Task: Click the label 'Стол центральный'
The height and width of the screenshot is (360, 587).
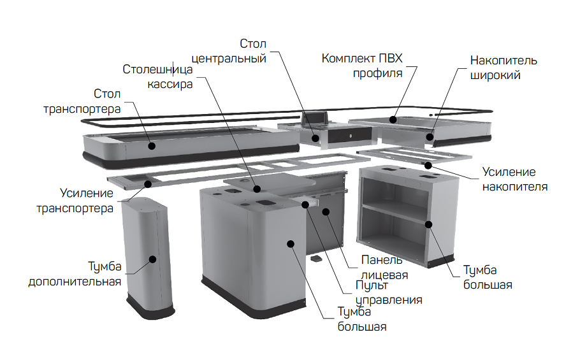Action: pyautogui.click(x=229, y=51)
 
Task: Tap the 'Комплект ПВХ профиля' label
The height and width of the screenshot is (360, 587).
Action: pyautogui.click(x=362, y=66)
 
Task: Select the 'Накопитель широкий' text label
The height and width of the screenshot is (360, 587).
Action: pyautogui.click(x=504, y=68)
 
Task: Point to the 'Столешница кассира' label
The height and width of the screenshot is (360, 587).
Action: pyautogui.click(x=157, y=76)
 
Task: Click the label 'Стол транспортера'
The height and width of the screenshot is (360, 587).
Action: pyautogui.click(x=82, y=101)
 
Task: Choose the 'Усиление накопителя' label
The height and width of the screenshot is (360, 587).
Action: pyautogui.click(x=515, y=179)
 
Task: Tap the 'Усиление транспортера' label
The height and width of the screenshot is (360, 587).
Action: pyautogui.click(x=75, y=200)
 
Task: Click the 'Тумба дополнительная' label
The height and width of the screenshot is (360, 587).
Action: pyautogui.click(x=75, y=274)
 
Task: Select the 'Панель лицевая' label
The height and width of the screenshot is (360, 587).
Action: pyautogui.click(x=384, y=267)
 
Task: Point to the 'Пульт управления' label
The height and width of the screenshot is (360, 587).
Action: pyautogui.click(x=389, y=292)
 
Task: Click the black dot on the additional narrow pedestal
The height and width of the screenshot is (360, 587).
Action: pyautogui.click(x=152, y=259)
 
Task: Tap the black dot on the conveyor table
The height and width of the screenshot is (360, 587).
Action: pyautogui.click(x=152, y=146)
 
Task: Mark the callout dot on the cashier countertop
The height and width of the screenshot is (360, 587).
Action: pyautogui.click(x=257, y=189)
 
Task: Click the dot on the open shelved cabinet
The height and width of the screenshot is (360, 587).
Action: pyautogui.click(x=429, y=224)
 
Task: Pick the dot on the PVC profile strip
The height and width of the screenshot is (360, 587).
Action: pyautogui.click(x=393, y=120)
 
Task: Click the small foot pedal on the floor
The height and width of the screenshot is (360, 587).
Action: pyautogui.click(x=316, y=259)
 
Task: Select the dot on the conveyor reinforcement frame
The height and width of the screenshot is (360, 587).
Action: pyautogui.click(x=148, y=184)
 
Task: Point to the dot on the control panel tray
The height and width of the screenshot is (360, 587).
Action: pyautogui.click(x=305, y=205)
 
